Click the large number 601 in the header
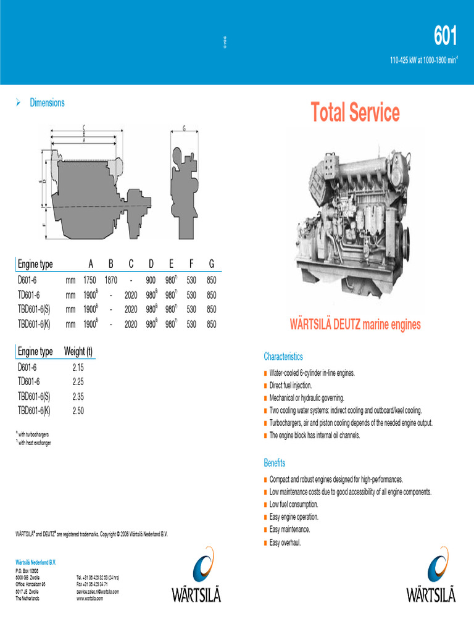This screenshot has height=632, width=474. click(445, 38)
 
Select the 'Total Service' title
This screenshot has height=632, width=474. click(355, 113)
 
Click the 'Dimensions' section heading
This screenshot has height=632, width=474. click(47, 103)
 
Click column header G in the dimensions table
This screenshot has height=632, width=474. click(211, 264)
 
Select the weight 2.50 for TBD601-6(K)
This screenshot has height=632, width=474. click(78, 410)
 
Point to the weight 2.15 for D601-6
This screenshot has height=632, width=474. click(78, 367)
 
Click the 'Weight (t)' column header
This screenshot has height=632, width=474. click(78, 352)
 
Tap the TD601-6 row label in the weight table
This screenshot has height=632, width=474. click(29, 381)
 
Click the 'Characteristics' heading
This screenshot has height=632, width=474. click(283, 357)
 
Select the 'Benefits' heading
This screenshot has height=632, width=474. click(275, 463)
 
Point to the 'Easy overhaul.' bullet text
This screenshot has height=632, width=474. click(285, 543)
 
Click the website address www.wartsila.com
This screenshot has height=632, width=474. click(90, 598)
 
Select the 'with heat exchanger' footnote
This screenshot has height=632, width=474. click(35, 443)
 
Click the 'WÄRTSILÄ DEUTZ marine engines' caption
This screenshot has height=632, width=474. click(355, 325)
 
